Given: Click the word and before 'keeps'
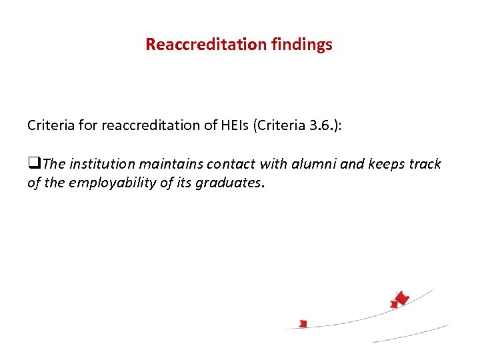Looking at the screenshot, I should click(x=351, y=165).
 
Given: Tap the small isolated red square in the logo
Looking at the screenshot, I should click(x=303, y=324).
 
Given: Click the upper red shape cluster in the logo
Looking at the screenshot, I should click(x=400, y=299).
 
